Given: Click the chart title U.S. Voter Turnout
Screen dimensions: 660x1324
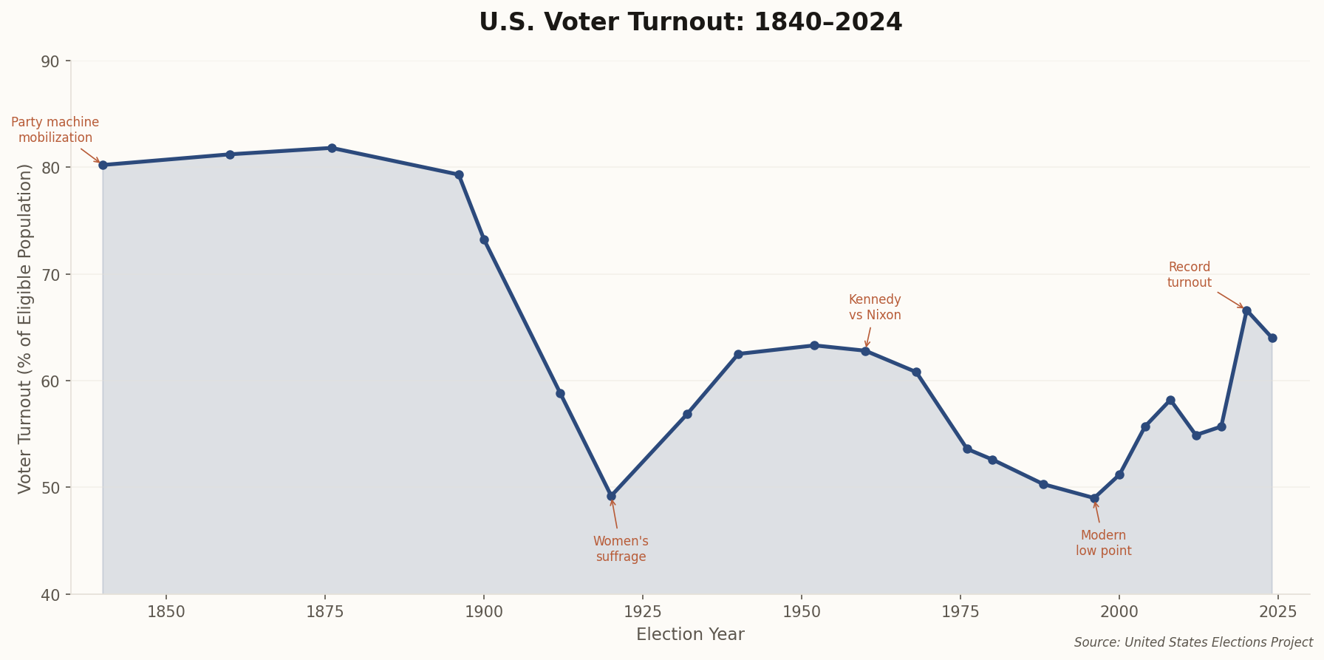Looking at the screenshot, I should pyautogui.click(x=690, y=22).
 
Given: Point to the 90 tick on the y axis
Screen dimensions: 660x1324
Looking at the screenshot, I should pyautogui.click(x=50, y=61).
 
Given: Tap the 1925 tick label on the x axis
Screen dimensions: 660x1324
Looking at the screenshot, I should pyautogui.click(x=642, y=612).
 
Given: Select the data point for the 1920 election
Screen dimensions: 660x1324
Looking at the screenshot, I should pyautogui.click(x=611, y=496).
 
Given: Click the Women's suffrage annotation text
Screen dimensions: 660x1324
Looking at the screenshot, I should pyautogui.click(x=621, y=549).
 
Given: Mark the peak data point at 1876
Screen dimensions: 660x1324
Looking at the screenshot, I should pyautogui.click(x=332, y=148).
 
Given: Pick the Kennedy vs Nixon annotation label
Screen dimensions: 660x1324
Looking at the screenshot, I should pyautogui.click(x=875, y=307).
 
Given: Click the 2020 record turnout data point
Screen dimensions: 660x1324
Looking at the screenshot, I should pyautogui.click(x=1246, y=310).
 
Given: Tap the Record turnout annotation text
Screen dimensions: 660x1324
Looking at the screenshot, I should pyautogui.click(x=1189, y=275).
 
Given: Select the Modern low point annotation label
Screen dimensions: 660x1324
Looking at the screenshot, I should pyautogui.click(x=1103, y=543).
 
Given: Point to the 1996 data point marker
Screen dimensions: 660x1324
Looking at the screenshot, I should pyautogui.click(x=1094, y=498).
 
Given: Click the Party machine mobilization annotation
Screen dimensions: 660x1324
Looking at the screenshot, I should pyautogui.click(x=55, y=130).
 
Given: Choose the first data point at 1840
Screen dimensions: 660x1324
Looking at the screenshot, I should pyautogui.click(x=103, y=165).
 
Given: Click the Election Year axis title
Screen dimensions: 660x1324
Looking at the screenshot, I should pyautogui.click(x=690, y=635).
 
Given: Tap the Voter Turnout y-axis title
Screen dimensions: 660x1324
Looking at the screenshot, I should pyautogui.click(x=25, y=328).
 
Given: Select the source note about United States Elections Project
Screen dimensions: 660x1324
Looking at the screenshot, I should pyautogui.click(x=1192, y=643).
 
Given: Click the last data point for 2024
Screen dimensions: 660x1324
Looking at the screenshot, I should pyautogui.click(x=1272, y=338).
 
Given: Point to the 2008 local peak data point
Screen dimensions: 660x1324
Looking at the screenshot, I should pyautogui.click(x=1170, y=400).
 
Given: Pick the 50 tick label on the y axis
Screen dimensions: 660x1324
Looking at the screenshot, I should pyautogui.click(x=50, y=488).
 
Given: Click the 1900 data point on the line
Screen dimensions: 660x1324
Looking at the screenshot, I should pyautogui.click(x=484, y=239).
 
